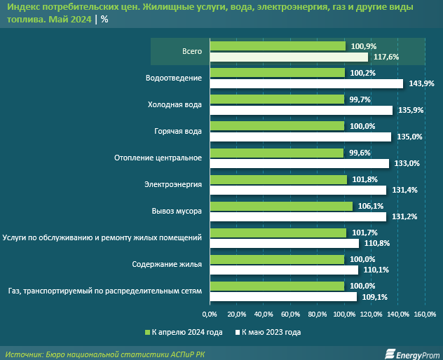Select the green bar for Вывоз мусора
point(281,207)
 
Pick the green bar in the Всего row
point(278,46)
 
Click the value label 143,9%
point(421,83)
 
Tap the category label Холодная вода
point(175,105)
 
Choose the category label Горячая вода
point(178,132)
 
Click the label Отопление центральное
point(158,158)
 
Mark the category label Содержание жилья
point(167,264)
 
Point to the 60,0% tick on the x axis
point(290,314)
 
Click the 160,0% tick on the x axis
point(425,314)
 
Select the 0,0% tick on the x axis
point(209,314)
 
